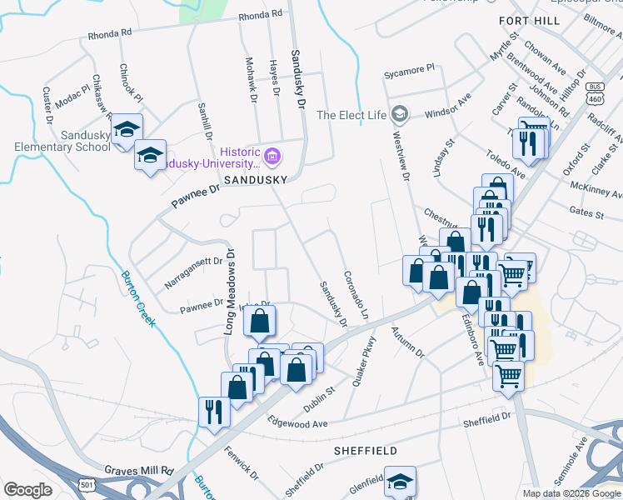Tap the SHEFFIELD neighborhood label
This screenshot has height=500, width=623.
[366, 450]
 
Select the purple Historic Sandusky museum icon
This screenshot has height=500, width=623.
[272, 156]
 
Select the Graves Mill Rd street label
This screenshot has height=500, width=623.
[138, 470]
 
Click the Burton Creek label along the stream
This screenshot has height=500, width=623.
[138, 298]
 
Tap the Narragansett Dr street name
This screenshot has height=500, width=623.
[194, 272]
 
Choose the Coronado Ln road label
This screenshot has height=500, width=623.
[355, 296]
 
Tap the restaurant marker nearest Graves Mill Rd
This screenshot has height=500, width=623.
[214, 412]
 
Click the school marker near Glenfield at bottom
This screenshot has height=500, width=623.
[400, 481]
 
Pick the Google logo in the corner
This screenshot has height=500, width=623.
[27, 490]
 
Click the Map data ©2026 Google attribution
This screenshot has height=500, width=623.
[571, 493]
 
